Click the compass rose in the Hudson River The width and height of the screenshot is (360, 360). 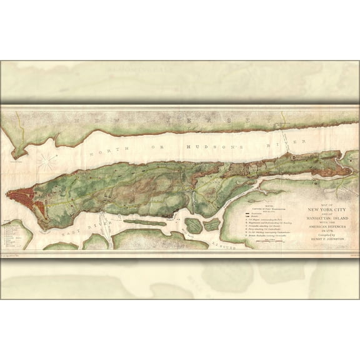click(47, 161)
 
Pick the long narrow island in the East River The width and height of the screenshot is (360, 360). click(146, 222)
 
